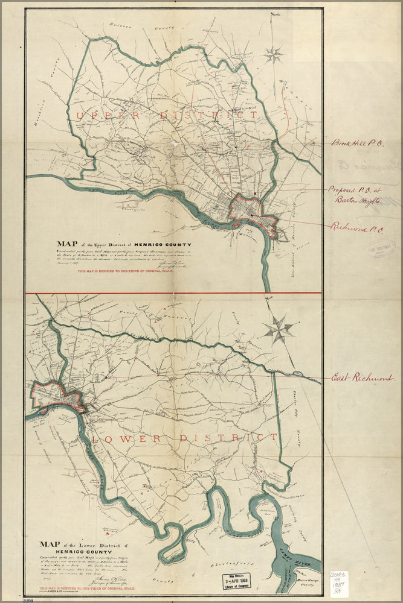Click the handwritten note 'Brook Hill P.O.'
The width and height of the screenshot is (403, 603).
click(x=357, y=144)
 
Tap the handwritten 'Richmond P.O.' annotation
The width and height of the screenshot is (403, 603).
click(x=358, y=228)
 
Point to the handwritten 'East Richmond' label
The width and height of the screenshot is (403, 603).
click(x=362, y=378)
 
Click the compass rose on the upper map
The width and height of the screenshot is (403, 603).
click(x=273, y=55)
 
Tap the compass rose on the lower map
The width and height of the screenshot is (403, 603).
click(x=279, y=329)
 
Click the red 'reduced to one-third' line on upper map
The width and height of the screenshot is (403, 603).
click(x=126, y=272)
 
